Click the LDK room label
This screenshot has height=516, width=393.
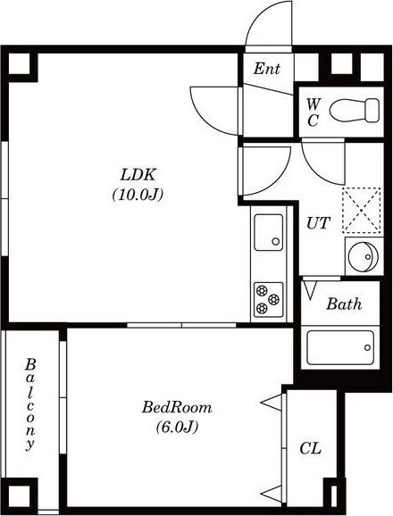(x=138, y=175)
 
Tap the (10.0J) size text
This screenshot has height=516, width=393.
(x=138, y=195)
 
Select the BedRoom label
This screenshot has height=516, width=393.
(x=177, y=407)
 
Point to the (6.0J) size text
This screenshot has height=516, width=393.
(x=177, y=427)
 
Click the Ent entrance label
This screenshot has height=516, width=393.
(x=266, y=69)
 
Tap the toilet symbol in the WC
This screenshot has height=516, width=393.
(x=355, y=110)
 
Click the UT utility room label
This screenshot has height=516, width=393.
(x=318, y=223)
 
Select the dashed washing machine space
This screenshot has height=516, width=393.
(x=362, y=211)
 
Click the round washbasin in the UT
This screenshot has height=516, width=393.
(x=363, y=257)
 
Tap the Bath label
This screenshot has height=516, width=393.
(x=344, y=304)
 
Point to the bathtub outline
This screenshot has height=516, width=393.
(x=340, y=347)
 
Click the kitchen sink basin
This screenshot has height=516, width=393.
(x=269, y=232)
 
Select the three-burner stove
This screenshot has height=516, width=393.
(x=269, y=299)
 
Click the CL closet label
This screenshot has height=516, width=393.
(x=311, y=448)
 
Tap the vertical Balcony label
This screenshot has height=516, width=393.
(x=30, y=404)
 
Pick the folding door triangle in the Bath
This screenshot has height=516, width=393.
(x=310, y=290)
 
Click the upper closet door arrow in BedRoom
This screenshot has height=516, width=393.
(x=272, y=403)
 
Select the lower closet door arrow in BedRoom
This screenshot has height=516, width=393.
(x=272, y=494)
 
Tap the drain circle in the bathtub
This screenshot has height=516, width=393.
(x=367, y=347)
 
